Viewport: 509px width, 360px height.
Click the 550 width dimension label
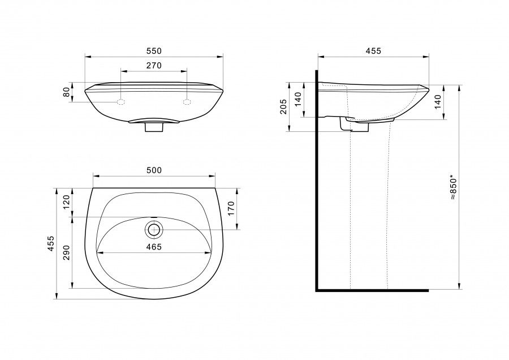point(154,51)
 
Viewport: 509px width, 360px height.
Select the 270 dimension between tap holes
point(154,66)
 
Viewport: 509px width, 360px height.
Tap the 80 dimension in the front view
point(67,92)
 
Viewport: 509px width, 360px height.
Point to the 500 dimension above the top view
point(154,170)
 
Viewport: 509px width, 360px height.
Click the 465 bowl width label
point(154,247)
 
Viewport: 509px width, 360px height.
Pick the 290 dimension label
point(67,252)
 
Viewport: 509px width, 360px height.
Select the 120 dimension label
point(67,202)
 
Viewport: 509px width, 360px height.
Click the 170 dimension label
point(231,209)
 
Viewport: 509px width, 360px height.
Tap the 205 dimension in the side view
point(283,106)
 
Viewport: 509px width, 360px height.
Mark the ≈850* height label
point(454,188)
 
